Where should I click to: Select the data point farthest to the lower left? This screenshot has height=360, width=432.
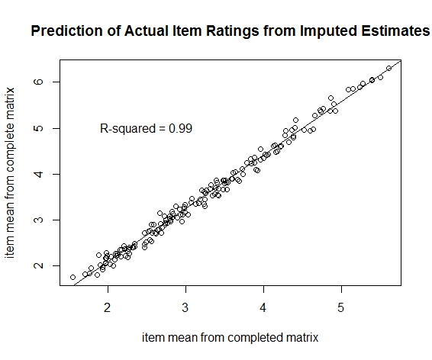coord(73,278)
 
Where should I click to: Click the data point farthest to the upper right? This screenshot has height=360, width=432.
coord(389,69)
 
